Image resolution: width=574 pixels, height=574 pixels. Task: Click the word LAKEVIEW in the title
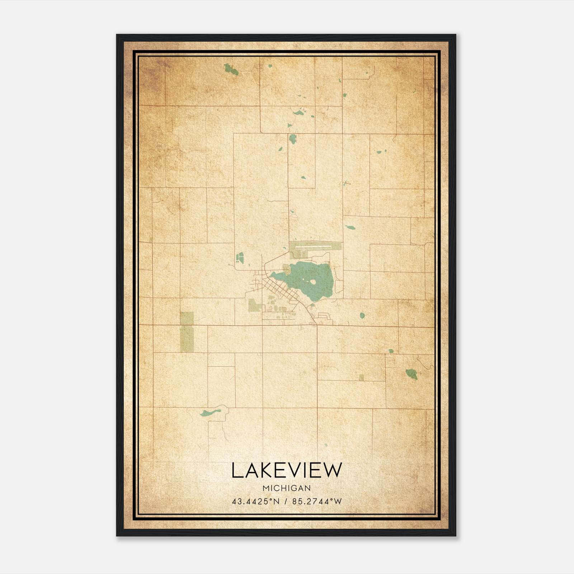coord(287,470)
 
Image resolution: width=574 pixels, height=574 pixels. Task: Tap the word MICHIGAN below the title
coord(286,488)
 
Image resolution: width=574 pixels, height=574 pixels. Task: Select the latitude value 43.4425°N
coord(255,501)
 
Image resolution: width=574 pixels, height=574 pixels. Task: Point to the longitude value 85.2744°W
coord(317,501)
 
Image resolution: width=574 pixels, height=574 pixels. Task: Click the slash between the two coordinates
coord(286,501)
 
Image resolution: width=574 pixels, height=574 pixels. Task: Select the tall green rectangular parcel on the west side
coord(187,332)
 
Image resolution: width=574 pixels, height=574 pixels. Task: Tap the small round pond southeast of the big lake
coord(362,315)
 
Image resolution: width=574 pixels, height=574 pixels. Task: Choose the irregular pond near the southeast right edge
coord(411,374)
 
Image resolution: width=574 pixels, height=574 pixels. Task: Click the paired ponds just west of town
coord(240,257)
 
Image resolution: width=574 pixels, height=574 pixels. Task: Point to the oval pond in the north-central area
coord(293,138)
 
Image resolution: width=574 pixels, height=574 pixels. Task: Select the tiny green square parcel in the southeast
coord(361,377)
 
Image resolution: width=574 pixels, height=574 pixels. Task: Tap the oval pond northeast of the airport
coord(350,227)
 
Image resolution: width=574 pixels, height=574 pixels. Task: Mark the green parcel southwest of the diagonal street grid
coord(255,305)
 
